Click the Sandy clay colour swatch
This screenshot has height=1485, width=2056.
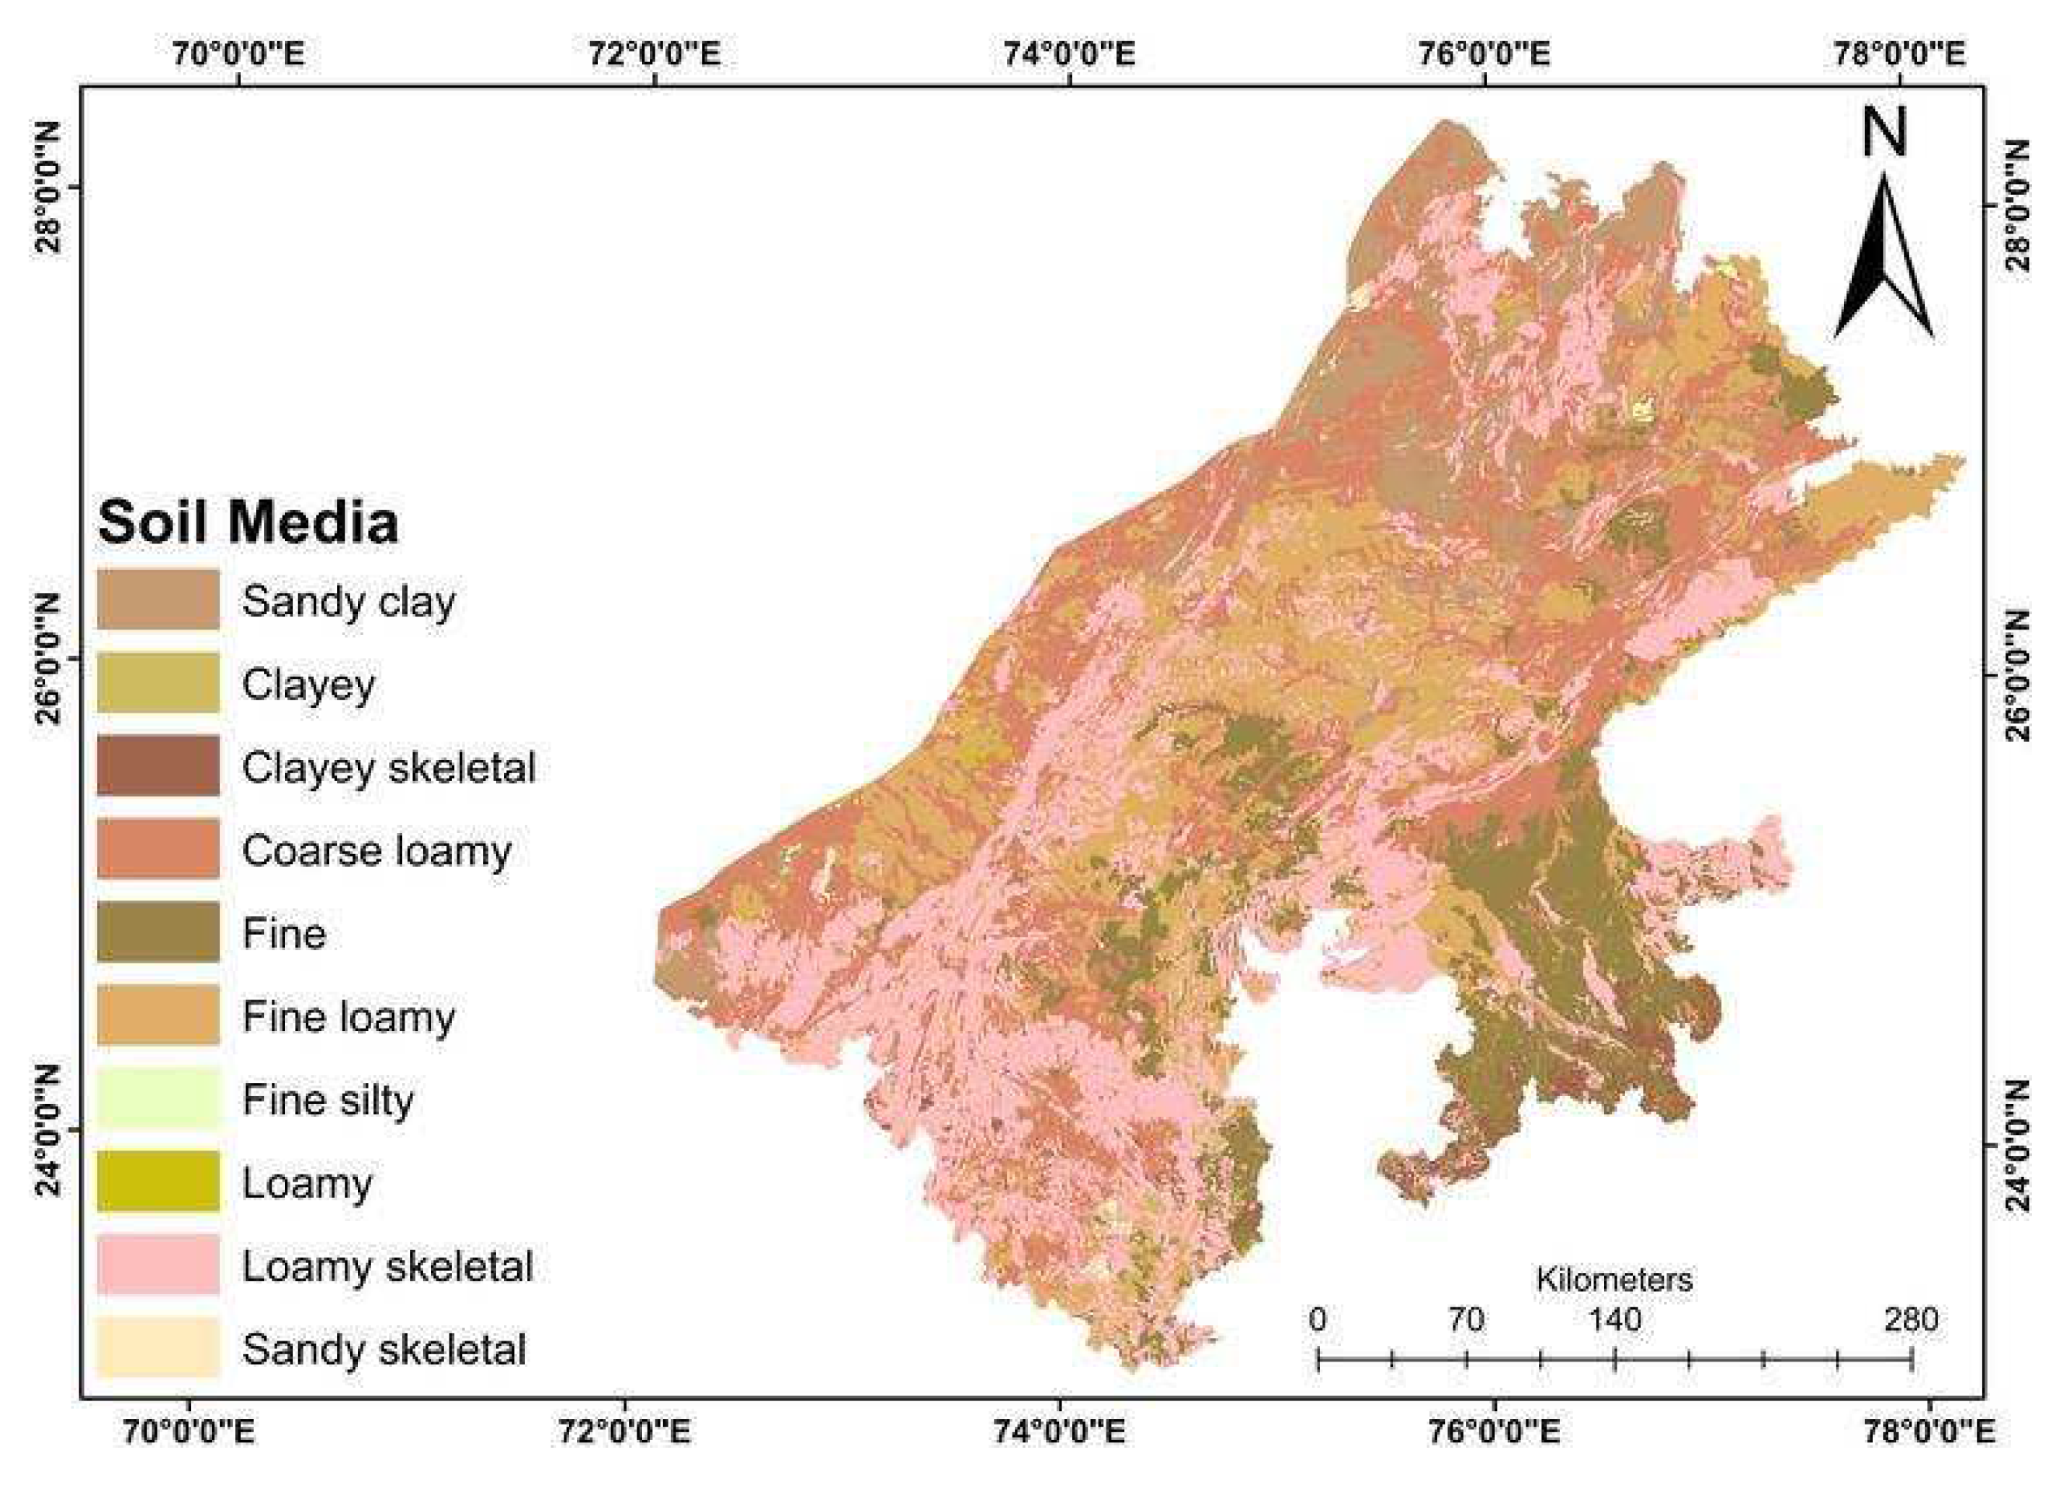tap(158, 599)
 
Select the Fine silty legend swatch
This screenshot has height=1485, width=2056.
tap(158, 1098)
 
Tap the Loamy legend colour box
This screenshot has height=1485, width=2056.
tap(158, 1181)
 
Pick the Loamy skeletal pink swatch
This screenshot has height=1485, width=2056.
tap(158, 1265)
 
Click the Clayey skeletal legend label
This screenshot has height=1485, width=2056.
tap(388, 767)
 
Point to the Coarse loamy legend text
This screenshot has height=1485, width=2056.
tap(377, 850)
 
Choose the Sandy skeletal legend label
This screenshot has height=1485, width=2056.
tap(384, 1349)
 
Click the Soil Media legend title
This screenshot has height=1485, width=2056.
tap(248, 522)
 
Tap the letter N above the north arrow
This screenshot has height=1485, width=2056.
tap(1884, 134)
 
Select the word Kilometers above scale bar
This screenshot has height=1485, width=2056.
tap(1613, 1279)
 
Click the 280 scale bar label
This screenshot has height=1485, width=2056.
tap(1911, 1319)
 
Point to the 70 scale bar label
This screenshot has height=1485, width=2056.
tap(1466, 1319)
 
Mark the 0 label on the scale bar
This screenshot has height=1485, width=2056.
tap(1317, 1319)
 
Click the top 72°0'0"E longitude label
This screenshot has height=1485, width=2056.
tap(655, 54)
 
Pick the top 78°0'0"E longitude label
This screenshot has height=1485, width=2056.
tap(1900, 54)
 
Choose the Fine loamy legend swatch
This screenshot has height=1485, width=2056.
tap(158, 1015)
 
